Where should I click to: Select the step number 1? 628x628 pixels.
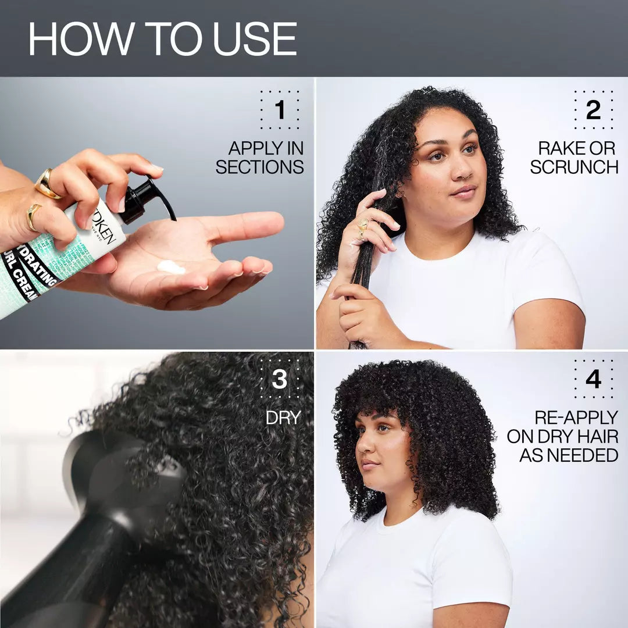tap(280, 110)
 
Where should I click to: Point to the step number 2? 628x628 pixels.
tap(593, 110)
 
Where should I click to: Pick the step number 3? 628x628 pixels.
tap(280, 380)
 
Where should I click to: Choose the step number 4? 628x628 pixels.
tap(593, 380)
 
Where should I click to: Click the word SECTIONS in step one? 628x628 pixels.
tap(260, 167)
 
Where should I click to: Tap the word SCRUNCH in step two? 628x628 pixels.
tap(574, 167)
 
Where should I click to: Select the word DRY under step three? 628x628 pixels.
tap(283, 418)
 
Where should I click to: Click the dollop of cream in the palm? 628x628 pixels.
tap(172, 267)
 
